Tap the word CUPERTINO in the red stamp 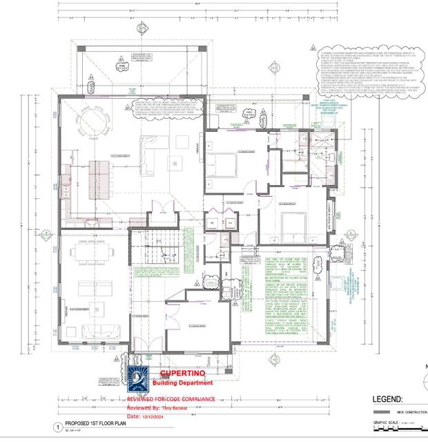[x=181, y=373]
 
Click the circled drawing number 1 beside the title [x=58, y=427]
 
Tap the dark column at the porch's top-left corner [x=81, y=48]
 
